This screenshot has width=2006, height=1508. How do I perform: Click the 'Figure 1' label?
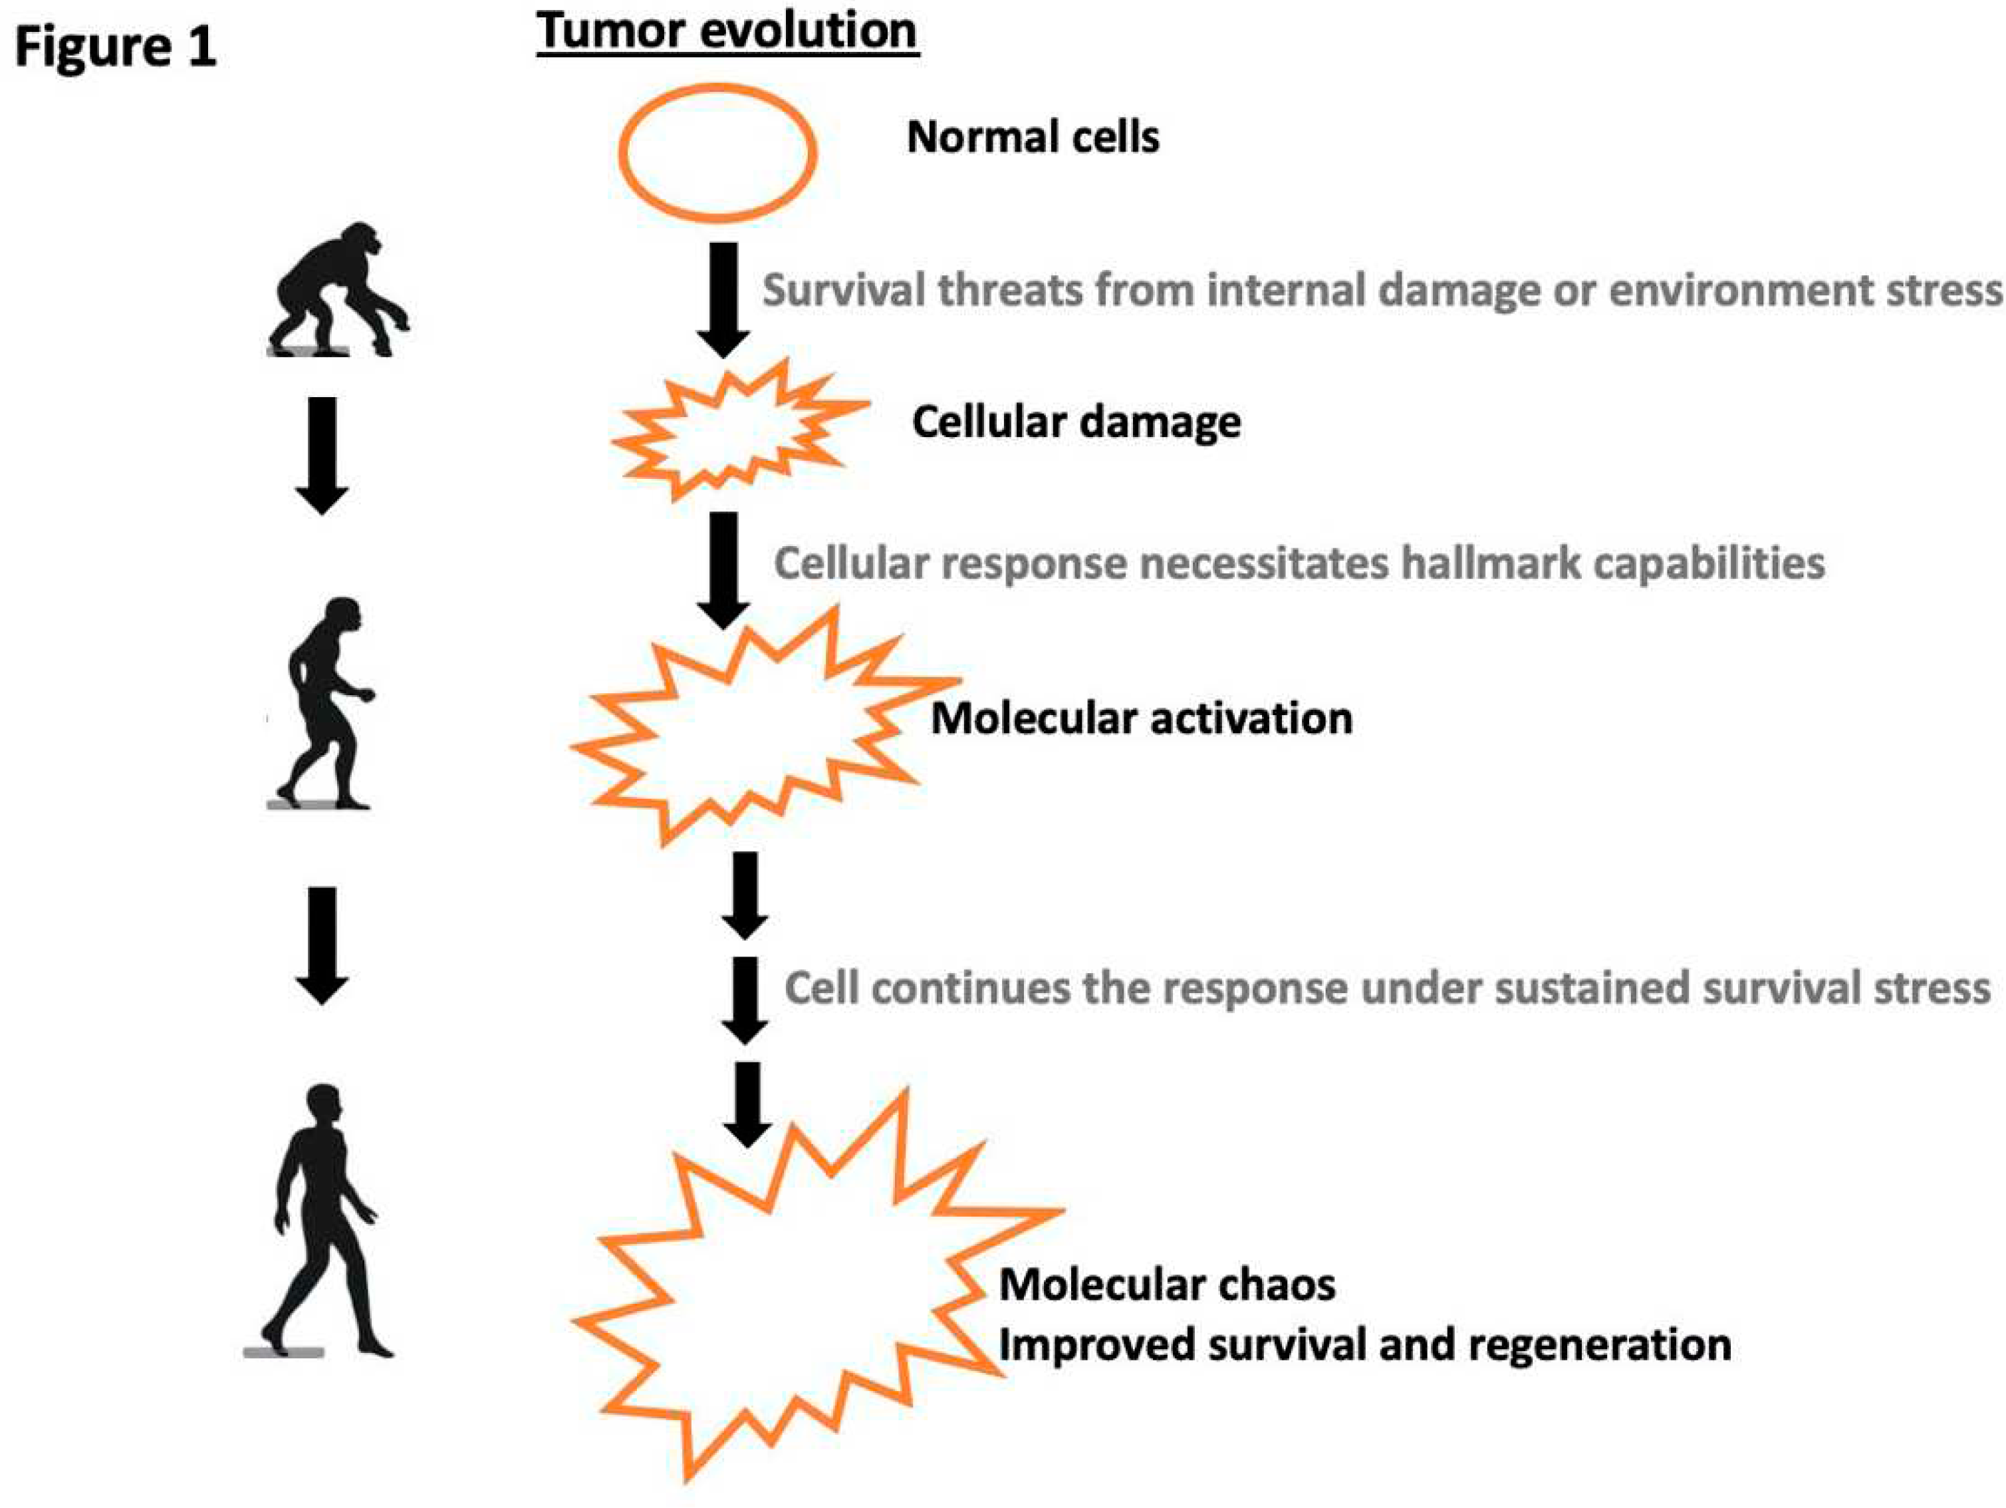115,47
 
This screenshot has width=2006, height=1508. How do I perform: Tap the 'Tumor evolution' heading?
727,32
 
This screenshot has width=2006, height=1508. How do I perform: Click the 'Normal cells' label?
1033,138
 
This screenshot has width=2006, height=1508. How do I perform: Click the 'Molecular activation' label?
1142,718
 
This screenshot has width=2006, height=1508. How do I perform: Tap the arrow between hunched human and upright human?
322,945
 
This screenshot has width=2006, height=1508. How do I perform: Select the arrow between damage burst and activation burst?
723,570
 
